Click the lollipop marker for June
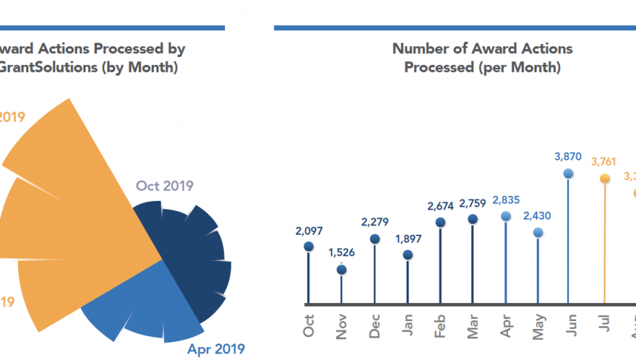click(568, 173)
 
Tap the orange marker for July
click(604, 178)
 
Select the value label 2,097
click(309, 231)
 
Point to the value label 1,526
click(342, 253)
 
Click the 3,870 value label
click(568, 156)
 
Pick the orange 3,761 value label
click(604, 161)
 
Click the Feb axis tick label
click(440, 326)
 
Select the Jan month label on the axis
click(407, 327)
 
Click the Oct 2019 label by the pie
click(165, 186)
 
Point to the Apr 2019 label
click(216, 349)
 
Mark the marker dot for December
click(375, 238)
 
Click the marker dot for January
click(407, 255)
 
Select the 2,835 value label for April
click(506, 199)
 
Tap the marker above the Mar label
click(473, 219)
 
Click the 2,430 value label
click(538, 215)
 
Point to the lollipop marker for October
click(309, 246)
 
